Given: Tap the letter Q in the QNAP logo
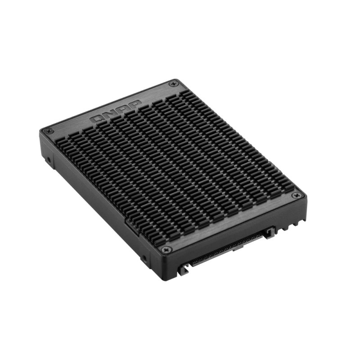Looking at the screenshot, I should click(x=96, y=119).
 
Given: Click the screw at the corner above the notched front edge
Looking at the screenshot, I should click(x=295, y=196).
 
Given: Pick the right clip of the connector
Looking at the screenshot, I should click(x=271, y=233).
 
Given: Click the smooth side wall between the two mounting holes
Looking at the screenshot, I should click(x=94, y=207).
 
